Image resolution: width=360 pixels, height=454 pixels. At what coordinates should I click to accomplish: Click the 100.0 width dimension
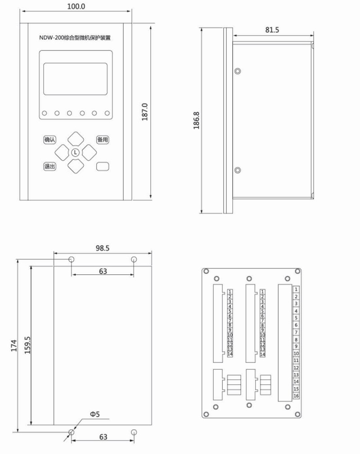pyautogui.click(x=76, y=7)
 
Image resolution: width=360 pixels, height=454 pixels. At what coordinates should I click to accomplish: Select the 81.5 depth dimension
pyautogui.click(x=272, y=30)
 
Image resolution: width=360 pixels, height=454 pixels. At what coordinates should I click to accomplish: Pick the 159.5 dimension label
pyautogui.click(x=27, y=345)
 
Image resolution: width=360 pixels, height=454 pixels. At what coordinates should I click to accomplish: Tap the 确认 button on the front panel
pyautogui.click(x=49, y=140)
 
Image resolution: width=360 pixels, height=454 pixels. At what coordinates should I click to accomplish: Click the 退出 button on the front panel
pyautogui.click(x=49, y=166)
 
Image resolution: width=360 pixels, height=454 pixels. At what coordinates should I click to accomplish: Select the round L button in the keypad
pyautogui.click(x=75, y=153)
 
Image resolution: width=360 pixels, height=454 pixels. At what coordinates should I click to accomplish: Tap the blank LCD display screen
pyautogui.click(x=75, y=79)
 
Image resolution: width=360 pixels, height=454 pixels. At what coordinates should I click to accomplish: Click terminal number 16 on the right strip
pyautogui.click(x=296, y=396)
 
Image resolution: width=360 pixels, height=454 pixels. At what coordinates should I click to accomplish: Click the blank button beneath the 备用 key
pyautogui.click(x=103, y=166)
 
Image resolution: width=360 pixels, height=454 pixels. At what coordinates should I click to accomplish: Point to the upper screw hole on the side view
pyautogui.click(x=238, y=71)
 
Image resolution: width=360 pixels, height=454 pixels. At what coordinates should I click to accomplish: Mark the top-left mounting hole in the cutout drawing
pyautogui.click(x=71, y=259)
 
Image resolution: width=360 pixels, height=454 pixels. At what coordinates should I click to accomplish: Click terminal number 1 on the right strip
pyautogui.click(x=296, y=290)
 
